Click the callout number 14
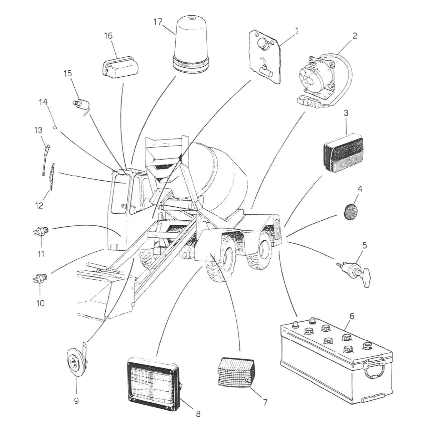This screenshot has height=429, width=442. click(43, 102)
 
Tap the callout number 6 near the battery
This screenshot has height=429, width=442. click(352, 316)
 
